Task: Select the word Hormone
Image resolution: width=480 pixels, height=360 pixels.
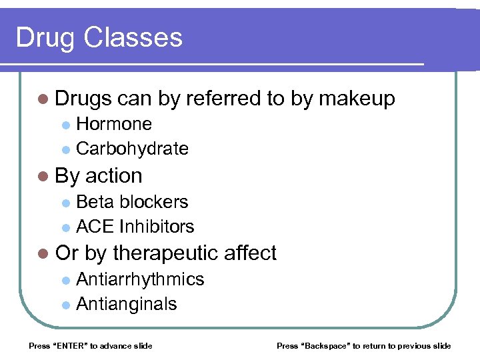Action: [x=114, y=124]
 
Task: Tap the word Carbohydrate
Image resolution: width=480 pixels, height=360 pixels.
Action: [x=132, y=149]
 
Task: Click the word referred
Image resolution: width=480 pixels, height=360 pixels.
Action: [x=223, y=99]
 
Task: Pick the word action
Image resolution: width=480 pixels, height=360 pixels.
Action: [x=114, y=176]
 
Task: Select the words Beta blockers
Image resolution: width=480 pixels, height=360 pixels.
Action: [x=132, y=202]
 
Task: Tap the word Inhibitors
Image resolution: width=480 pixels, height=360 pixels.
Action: [x=156, y=227]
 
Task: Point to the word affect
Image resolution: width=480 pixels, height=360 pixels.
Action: [x=250, y=253]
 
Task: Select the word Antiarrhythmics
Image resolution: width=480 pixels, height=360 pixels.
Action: [x=140, y=279]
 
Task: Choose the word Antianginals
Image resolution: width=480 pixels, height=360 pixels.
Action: [x=127, y=304]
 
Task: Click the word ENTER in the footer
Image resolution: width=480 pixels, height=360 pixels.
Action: [x=65, y=346]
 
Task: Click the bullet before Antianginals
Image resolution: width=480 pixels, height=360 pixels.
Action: [x=65, y=305]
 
